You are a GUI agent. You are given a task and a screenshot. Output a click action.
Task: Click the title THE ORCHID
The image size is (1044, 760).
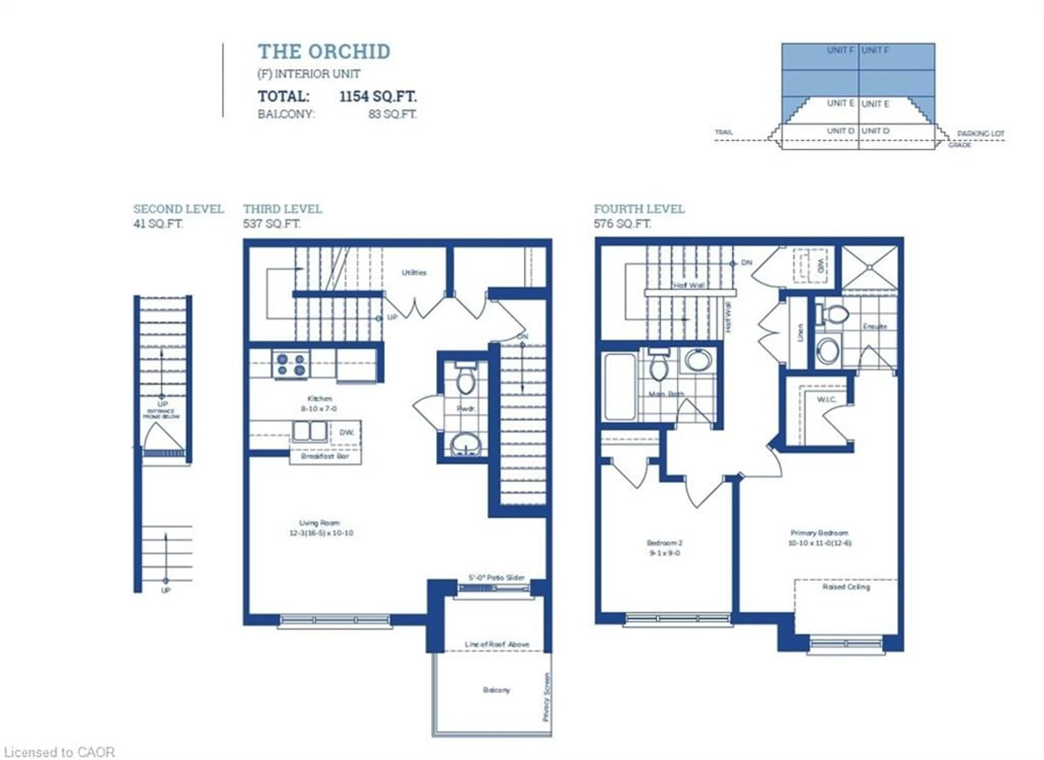(x=324, y=52)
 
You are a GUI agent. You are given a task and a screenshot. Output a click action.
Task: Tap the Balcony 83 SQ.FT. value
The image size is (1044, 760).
(x=392, y=114)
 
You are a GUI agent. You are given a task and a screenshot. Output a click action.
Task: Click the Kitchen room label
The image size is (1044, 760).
(x=319, y=398)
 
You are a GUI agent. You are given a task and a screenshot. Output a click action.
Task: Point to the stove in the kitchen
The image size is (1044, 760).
(x=291, y=364)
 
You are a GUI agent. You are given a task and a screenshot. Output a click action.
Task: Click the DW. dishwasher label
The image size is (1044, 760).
(x=347, y=432)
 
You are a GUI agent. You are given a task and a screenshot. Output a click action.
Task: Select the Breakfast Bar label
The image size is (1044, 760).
(x=325, y=456)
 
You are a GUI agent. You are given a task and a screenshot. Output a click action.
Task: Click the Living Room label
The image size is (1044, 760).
(x=319, y=523)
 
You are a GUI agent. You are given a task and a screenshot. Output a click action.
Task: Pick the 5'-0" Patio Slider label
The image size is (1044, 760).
(x=496, y=577)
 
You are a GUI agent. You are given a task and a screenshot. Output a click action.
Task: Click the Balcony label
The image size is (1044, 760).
(x=496, y=690)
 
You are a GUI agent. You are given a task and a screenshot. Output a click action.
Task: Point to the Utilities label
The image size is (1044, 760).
(x=414, y=273)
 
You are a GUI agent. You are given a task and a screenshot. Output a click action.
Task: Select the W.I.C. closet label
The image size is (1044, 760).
(x=826, y=399)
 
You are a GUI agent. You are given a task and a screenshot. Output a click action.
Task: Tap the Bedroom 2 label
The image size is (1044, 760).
(x=664, y=543)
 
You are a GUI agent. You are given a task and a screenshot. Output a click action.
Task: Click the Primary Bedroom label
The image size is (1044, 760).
(x=819, y=533)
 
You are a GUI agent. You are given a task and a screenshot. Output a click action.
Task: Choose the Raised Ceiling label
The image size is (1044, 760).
(x=846, y=587)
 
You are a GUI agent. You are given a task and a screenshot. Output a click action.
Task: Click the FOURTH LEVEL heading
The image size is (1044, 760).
(x=639, y=209)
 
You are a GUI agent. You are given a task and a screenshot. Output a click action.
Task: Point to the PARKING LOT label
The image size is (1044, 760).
(x=980, y=134)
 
